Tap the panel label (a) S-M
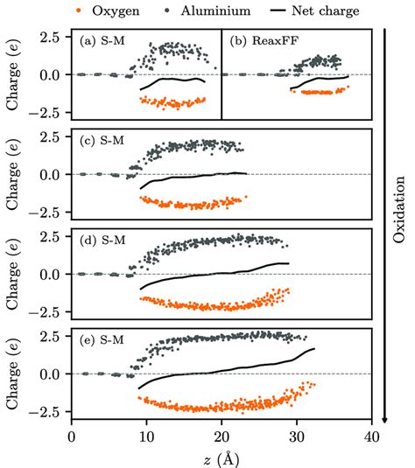[104, 40]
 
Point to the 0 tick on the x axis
[71, 437]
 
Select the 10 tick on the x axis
[146, 437]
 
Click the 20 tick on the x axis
[222, 437]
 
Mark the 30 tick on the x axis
[297, 437]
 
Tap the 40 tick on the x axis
[372, 437]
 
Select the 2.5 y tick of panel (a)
[50, 38]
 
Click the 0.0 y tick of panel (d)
[50, 275]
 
